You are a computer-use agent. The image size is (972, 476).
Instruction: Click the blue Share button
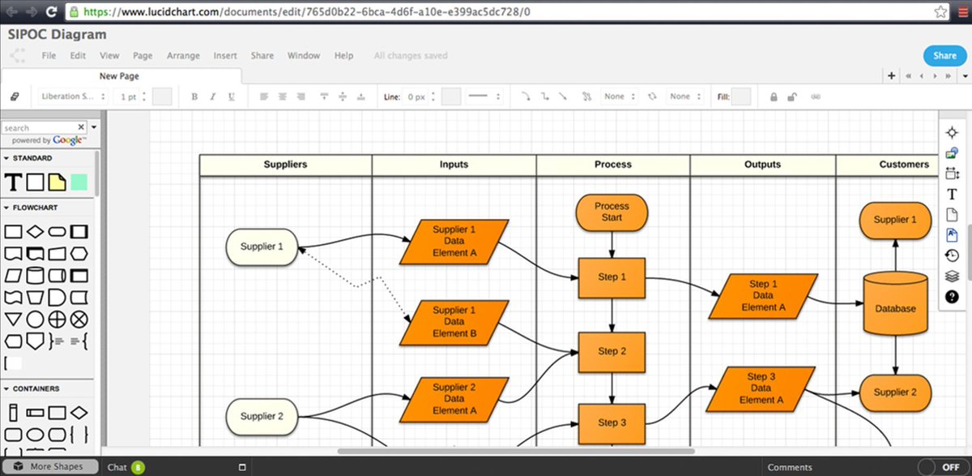[944, 56]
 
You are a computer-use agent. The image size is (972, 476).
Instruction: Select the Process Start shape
[612, 212]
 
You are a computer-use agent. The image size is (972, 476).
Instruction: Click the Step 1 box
[612, 277]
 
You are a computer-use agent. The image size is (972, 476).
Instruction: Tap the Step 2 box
[612, 352]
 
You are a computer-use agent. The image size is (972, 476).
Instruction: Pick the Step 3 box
[612, 422]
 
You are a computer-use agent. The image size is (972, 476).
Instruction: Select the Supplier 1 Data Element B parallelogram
[454, 322]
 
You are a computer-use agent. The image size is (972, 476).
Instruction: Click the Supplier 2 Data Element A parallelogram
[454, 399]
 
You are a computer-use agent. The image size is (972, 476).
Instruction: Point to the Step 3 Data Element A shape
[761, 388]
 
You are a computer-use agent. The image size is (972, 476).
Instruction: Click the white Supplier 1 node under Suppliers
[262, 247]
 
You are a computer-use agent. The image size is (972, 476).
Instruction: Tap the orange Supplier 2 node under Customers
[895, 392]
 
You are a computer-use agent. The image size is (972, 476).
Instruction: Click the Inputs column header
[454, 165]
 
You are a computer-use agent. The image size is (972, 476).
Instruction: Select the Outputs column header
[762, 165]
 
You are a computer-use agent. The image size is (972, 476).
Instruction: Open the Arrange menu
[183, 56]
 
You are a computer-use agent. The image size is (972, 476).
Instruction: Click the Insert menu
[225, 56]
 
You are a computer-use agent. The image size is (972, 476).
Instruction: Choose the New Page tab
[119, 76]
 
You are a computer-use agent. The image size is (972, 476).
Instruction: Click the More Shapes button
[56, 467]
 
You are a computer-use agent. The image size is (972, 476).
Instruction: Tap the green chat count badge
[138, 467]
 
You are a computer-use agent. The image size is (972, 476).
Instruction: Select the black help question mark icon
[952, 297]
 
